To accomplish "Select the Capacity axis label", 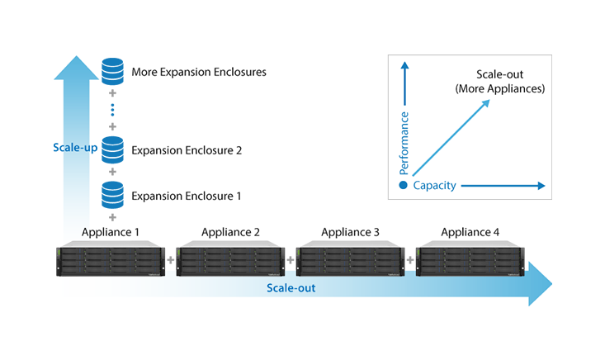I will coord(435,186).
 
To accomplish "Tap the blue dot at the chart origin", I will coord(403,186).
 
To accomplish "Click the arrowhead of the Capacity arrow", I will coord(541,186).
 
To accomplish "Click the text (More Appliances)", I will coord(501,88).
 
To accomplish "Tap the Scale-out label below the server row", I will coord(291,288).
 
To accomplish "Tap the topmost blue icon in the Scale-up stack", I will coord(111,73).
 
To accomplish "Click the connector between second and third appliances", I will coord(291,258).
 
